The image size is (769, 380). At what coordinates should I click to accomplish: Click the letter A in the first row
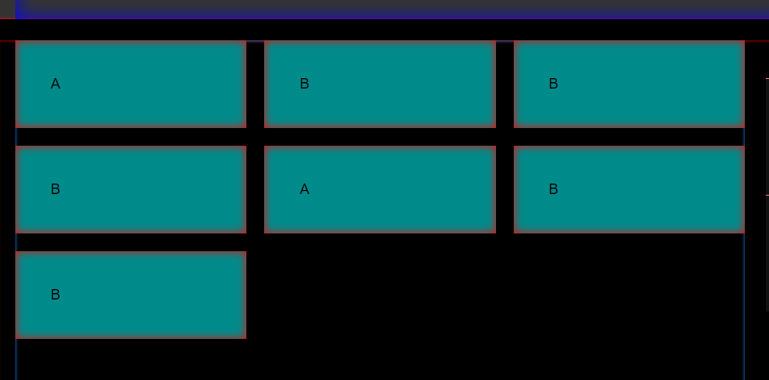coord(56,84)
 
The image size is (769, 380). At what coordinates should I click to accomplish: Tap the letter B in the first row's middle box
coord(304,84)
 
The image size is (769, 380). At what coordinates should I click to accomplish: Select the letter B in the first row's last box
coord(553,84)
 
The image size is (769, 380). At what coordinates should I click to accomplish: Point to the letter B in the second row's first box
coord(56,189)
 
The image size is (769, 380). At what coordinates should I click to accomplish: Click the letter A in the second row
coord(304,189)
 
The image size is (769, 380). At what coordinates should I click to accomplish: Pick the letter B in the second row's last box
coord(553,189)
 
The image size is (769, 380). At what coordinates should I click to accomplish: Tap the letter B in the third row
coord(56,295)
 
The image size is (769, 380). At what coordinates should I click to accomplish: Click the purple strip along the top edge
coord(392,9)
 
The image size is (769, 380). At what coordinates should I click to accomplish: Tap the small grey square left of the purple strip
coord(7,9)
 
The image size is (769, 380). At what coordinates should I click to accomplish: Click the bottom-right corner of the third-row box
coord(245,337)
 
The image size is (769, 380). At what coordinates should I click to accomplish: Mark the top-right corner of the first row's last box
coord(743,42)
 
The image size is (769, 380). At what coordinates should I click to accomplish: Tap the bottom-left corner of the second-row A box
coord(266,232)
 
